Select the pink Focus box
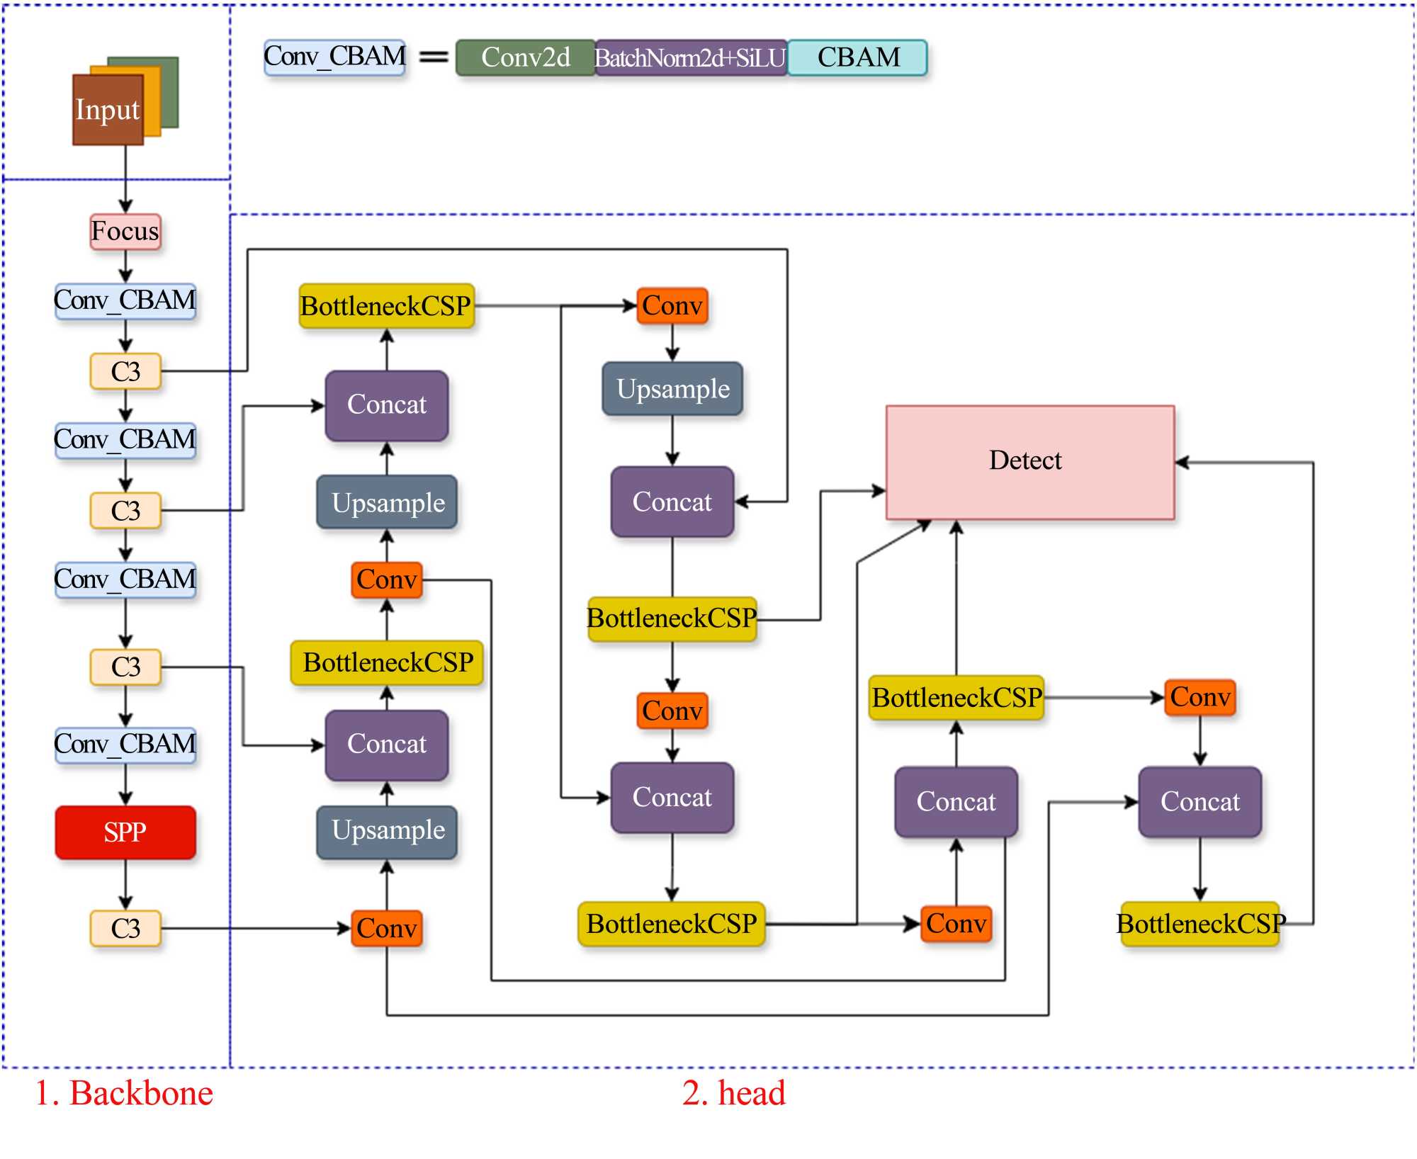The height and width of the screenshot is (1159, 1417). (x=125, y=232)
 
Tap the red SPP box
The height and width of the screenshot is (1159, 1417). (x=125, y=832)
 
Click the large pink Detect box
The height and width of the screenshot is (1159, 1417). (x=1029, y=462)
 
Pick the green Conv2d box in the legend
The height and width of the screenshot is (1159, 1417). (x=525, y=57)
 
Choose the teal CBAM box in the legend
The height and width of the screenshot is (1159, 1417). (x=857, y=57)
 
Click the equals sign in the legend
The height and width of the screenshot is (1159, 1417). (x=434, y=57)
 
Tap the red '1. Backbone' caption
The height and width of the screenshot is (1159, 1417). (x=124, y=1093)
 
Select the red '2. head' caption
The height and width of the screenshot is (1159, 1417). (x=733, y=1093)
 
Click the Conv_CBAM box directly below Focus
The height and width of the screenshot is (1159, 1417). (x=125, y=301)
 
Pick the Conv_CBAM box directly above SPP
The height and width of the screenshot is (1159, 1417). (x=125, y=745)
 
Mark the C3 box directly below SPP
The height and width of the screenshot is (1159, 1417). (x=125, y=929)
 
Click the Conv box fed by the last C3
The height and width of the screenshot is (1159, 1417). (x=387, y=929)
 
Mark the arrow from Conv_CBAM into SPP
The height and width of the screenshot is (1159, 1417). (x=125, y=785)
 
